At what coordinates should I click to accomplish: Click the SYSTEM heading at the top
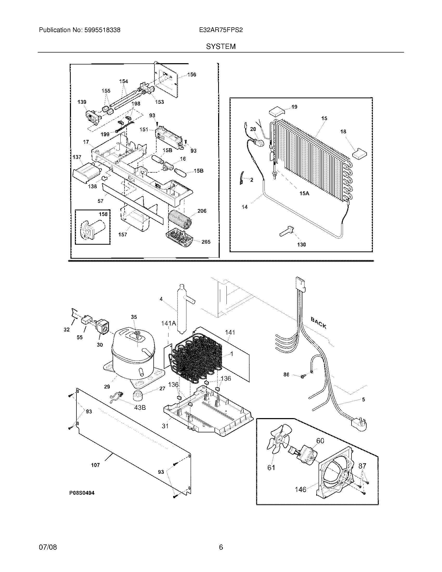(x=221, y=46)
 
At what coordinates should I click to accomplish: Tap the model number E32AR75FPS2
(x=221, y=30)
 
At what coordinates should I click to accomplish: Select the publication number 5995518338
(x=102, y=30)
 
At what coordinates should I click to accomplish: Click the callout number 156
(x=192, y=75)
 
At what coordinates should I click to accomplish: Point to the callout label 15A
(x=304, y=193)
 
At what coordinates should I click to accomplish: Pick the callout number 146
(x=300, y=489)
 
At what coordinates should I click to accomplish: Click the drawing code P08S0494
(x=82, y=493)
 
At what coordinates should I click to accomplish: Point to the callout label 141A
(x=168, y=323)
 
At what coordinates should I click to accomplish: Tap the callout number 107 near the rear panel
(x=95, y=465)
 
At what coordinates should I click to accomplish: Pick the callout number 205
(x=206, y=242)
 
